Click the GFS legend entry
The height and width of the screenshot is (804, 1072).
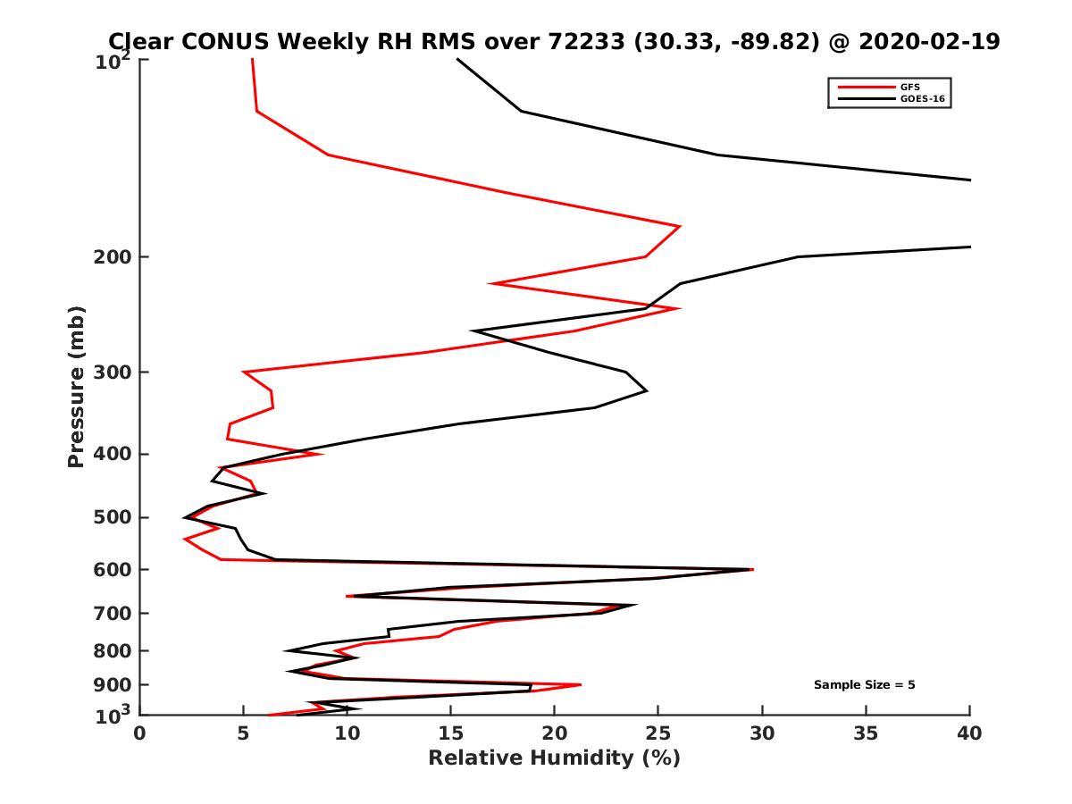tap(911, 87)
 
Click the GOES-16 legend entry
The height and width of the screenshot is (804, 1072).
tap(922, 99)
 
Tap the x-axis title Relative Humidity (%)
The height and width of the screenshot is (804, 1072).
tap(554, 758)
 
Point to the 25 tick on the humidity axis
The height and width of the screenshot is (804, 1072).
tap(658, 733)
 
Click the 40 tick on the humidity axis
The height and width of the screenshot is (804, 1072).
tap(969, 733)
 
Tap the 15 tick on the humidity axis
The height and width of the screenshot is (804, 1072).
tap(450, 733)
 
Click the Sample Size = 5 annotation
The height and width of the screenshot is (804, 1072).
tap(864, 685)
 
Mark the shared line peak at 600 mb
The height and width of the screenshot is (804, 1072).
tap(751, 569)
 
